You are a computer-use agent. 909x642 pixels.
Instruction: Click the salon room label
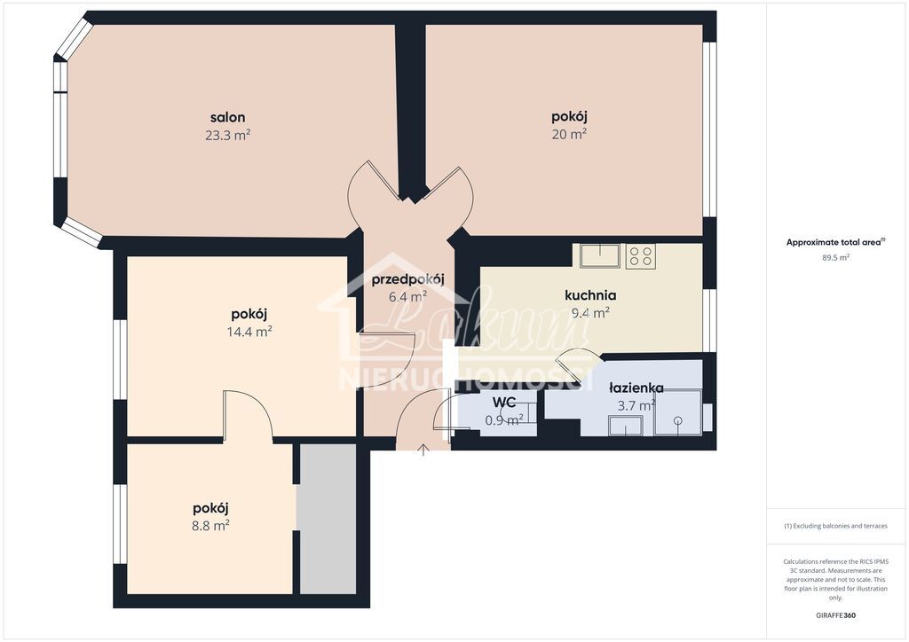click(x=227, y=117)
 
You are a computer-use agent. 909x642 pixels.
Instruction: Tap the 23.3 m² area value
click(x=227, y=135)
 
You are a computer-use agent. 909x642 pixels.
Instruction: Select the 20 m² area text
click(x=569, y=134)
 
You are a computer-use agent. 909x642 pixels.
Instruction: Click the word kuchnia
click(x=590, y=295)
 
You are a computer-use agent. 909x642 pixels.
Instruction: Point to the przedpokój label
click(x=408, y=279)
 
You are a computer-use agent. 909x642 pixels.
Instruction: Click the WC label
click(x=503, y=403)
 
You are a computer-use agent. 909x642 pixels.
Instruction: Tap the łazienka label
click(x=636, y=388)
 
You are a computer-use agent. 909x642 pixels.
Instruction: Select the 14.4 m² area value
click(x=249, y=332)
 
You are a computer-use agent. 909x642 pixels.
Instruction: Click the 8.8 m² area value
click(x=211, y=525)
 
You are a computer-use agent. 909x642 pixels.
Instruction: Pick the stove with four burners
click(x=640, y=256)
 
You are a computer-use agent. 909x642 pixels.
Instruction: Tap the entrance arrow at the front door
click(x=423, y=450)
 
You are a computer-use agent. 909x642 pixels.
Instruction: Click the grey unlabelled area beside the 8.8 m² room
click(x=328, y=519)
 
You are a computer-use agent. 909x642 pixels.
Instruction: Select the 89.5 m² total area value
click(x=834, y=258)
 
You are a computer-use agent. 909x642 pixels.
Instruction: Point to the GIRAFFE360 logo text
click(x=835, y=615)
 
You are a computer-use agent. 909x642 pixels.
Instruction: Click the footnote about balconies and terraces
click(x=834, y=526)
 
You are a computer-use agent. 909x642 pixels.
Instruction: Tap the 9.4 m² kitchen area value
click(x=589, y=312)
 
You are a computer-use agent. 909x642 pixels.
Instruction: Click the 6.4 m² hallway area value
click(x=408, y=296)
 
